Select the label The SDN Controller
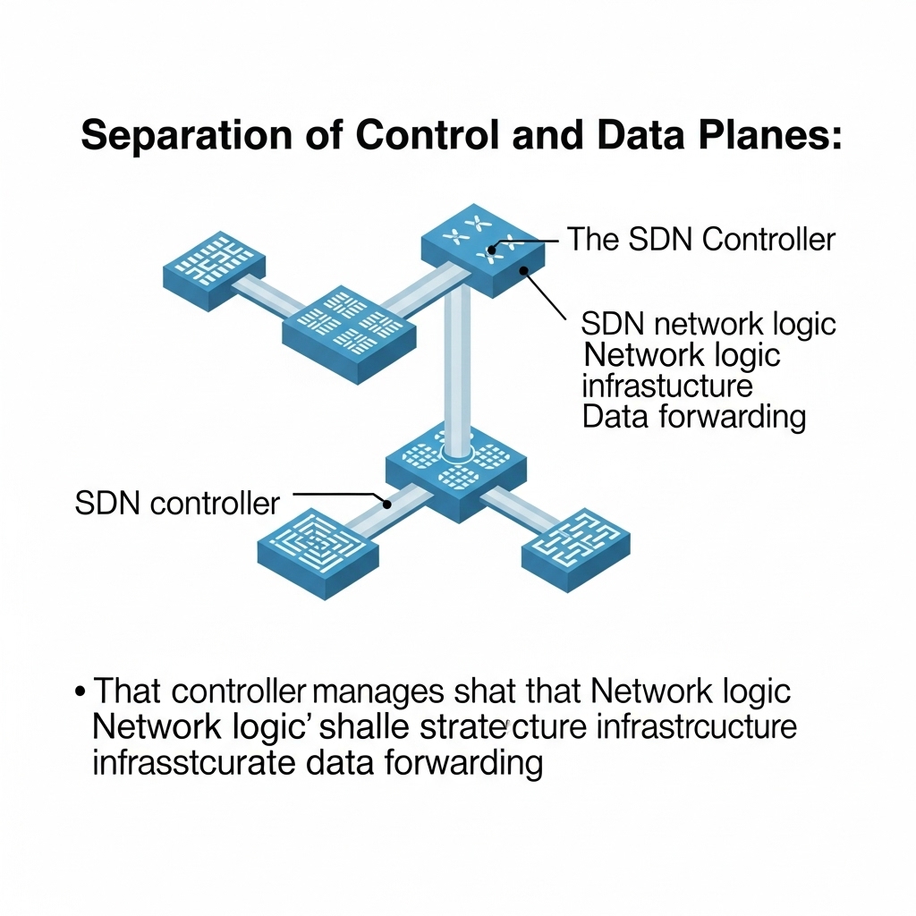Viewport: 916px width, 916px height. (x=701, y=239)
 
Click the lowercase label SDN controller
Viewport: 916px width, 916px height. (x=177, y=503)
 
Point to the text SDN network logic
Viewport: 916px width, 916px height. (x=708, y=323)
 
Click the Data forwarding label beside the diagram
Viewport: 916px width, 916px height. (x=693, y=417)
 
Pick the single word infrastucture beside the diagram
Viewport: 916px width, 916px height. (x=666, y=386)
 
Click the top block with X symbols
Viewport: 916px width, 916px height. (x=483, y=246)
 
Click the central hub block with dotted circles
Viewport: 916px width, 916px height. (x=456, y=470)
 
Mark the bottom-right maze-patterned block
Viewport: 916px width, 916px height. (x=575, y=546)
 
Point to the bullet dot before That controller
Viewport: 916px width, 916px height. (x=81, y=692)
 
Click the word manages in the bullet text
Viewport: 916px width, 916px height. (x=376, y=692)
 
